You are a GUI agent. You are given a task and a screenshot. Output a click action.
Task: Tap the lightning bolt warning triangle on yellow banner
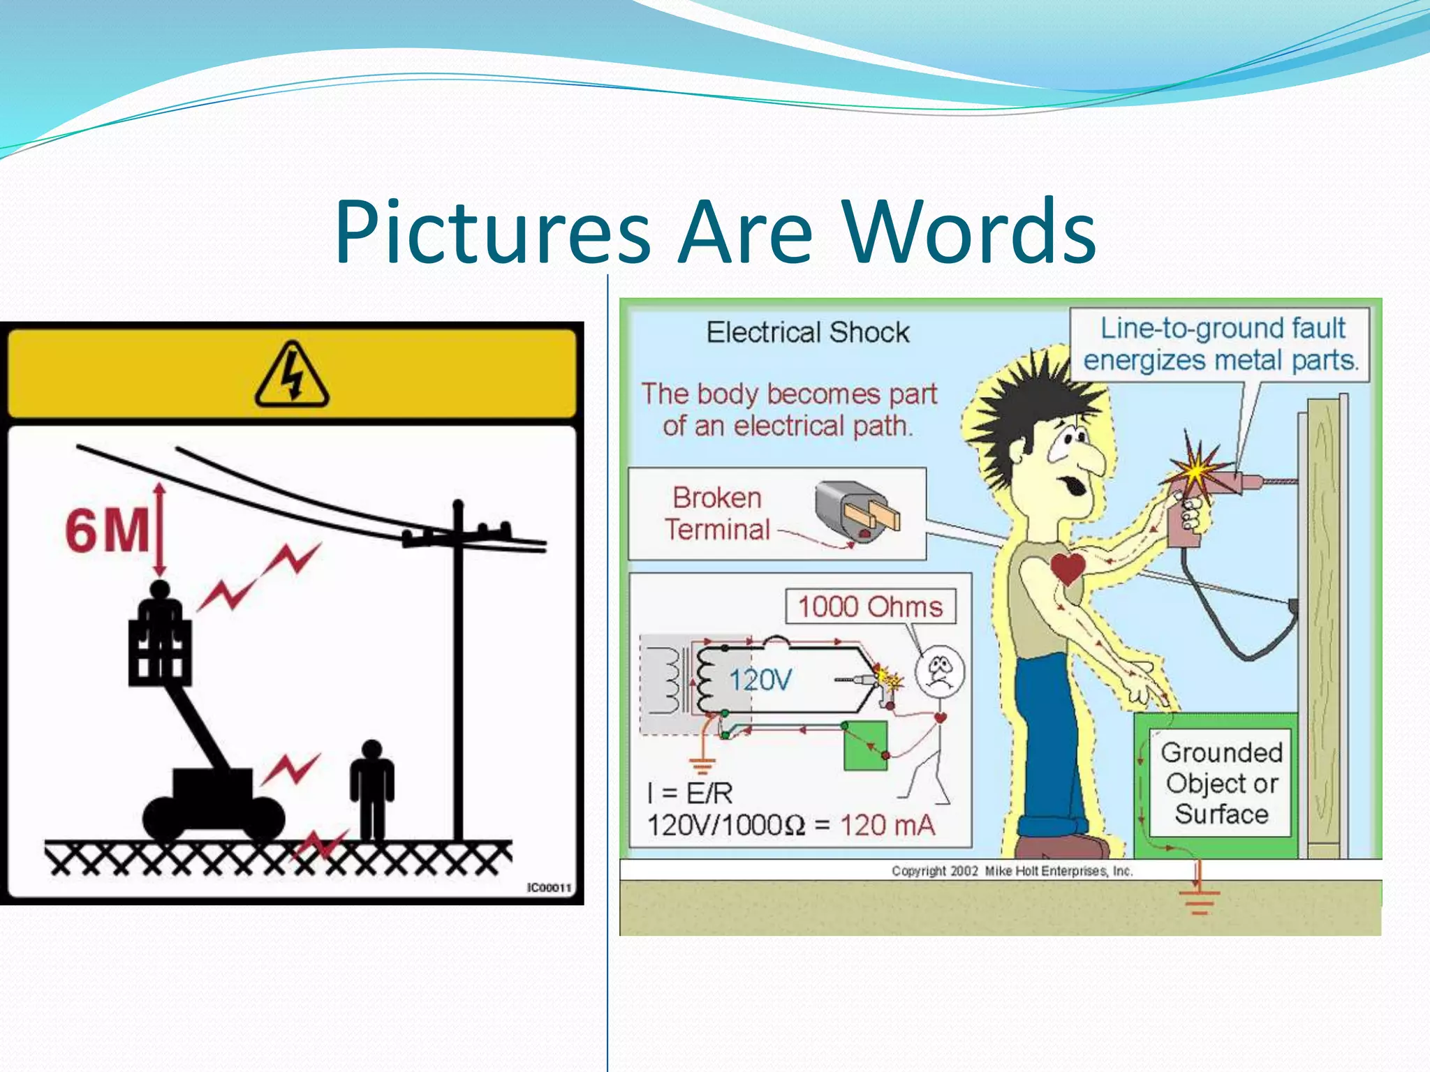292,375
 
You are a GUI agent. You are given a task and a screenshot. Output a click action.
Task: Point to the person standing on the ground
372,789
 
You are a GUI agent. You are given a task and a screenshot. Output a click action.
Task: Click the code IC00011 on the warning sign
549,888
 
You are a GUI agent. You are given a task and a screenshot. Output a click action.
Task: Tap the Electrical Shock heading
808,333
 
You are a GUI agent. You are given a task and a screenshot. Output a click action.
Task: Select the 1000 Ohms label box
870,606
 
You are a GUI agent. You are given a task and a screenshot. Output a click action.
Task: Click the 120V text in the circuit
760,680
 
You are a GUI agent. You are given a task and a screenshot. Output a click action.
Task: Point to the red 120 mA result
887,826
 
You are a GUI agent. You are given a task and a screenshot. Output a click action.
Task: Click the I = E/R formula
690,794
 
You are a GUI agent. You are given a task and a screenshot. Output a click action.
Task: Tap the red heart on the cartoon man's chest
1067,567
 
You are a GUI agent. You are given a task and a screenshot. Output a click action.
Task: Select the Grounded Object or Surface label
1221,783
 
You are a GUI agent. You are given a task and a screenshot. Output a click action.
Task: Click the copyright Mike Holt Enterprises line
1012,871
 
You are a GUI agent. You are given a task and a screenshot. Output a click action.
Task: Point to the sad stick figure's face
940,671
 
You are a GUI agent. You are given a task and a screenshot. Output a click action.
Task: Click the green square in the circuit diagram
865,745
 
